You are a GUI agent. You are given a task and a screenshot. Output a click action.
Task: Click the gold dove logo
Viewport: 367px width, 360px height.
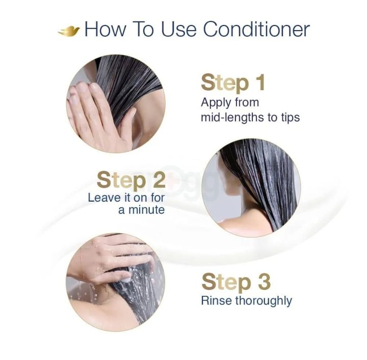[x=69, y=31]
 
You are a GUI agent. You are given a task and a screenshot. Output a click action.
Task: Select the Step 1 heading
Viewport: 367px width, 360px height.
[x=233, y=82]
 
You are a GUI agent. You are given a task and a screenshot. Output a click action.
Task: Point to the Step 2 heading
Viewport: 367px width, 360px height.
[x=130, y=180]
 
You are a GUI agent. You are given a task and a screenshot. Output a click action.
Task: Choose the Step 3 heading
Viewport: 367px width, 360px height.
[x=236, y=282]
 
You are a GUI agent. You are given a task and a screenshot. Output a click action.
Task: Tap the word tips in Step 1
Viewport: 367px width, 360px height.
[x=288, y=117]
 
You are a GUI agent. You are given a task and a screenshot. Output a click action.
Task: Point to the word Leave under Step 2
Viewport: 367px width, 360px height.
[x=103, y=197]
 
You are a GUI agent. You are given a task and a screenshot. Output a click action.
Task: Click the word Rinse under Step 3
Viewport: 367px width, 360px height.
[x=216, y=300]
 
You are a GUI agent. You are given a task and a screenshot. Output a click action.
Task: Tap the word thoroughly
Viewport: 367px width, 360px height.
[x=264, y=300]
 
